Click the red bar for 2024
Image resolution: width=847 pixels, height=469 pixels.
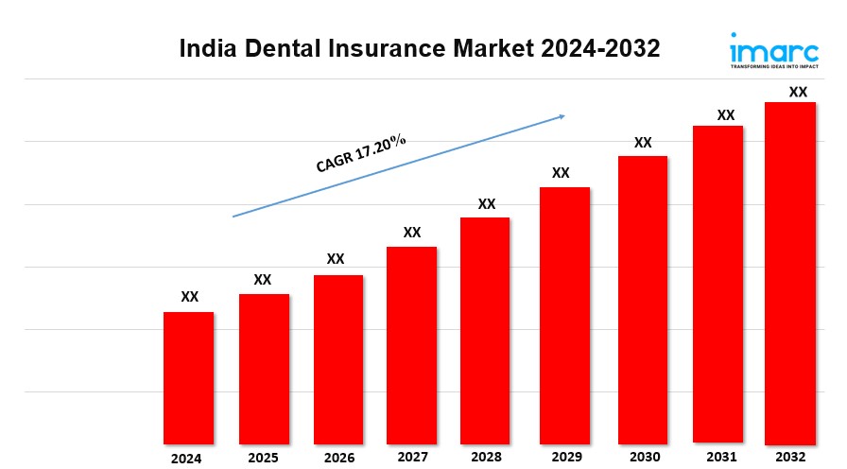188,377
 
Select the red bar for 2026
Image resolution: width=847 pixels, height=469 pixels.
338,359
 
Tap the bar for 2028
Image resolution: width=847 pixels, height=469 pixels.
485,330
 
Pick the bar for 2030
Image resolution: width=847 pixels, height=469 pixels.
643,299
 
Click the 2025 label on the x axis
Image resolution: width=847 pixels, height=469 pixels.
263,458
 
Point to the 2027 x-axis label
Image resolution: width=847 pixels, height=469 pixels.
412,458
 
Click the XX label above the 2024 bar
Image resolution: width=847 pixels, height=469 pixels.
190,297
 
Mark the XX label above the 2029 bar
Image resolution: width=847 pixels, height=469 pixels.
561,173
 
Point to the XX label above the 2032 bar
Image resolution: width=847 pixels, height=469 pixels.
798,92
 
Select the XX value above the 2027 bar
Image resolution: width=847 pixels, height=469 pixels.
412,232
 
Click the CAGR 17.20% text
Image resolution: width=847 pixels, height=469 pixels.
361,153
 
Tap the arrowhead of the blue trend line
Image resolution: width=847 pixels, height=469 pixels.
562,116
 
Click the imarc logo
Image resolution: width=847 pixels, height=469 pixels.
773,50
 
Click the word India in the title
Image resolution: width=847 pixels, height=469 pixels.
204,49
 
